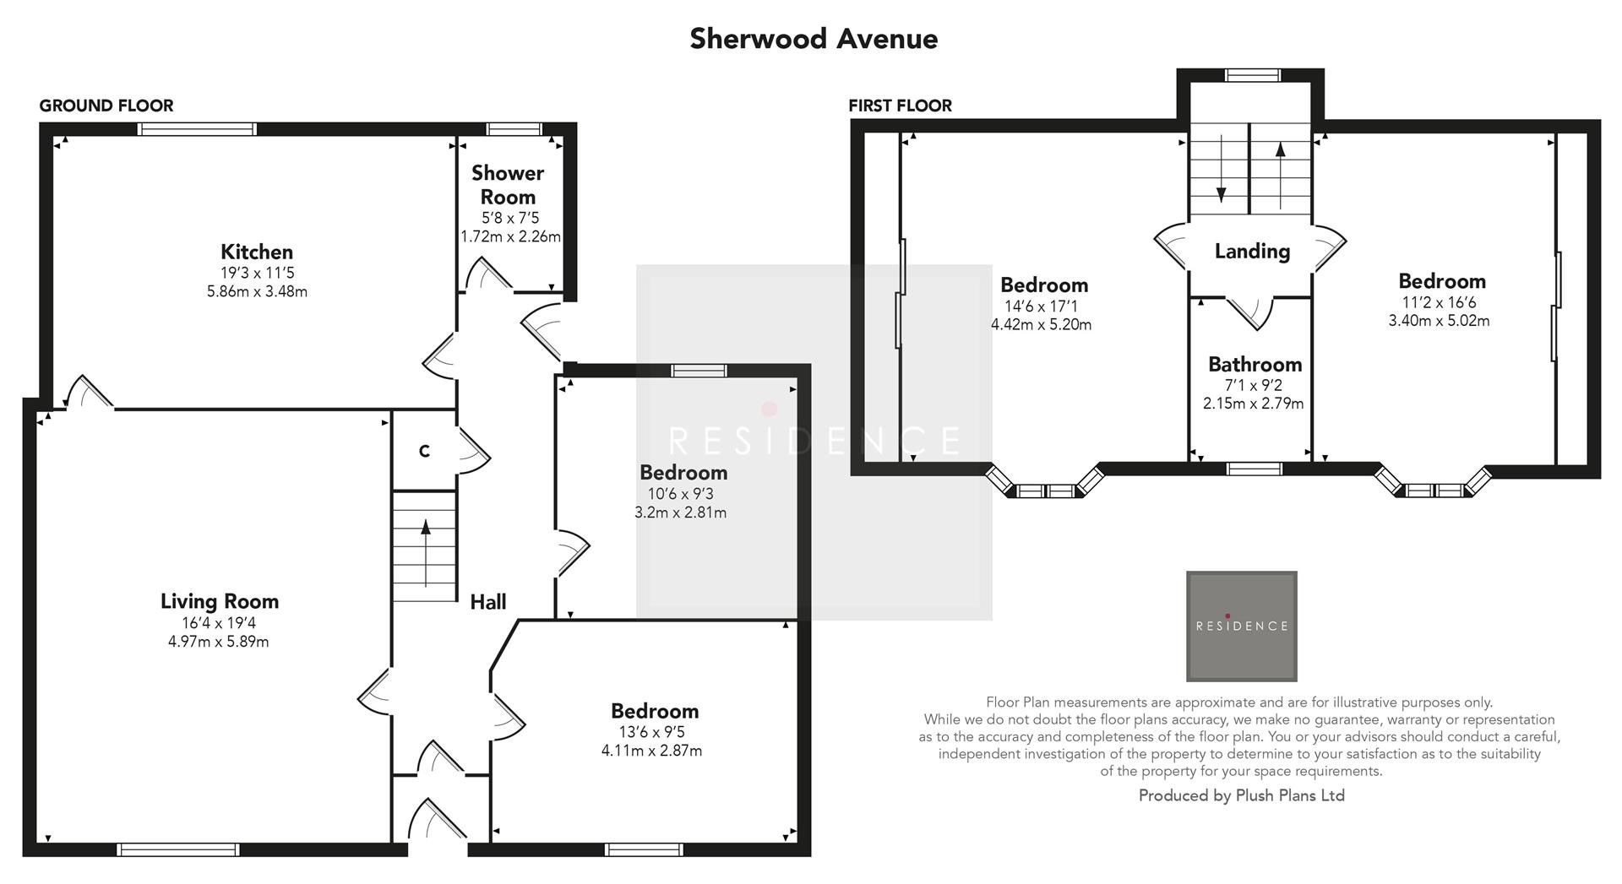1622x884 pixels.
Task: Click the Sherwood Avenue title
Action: coord(813,39)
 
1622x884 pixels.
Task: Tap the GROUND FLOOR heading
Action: coord(106,106)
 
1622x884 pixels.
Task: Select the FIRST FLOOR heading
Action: coord(900,106)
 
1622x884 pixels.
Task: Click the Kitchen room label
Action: coord(257,252)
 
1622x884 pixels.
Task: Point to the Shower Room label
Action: coord(508,184)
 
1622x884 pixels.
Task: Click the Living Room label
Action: coord(220,601)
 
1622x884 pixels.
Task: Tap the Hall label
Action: coord(487,602)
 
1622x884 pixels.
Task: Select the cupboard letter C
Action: coord(424,452)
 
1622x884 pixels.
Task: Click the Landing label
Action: coord(1252,251)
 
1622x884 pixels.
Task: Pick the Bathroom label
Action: coord(1255,365)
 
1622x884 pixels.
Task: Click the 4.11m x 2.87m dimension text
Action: coord(651,751)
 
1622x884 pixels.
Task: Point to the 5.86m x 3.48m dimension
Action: coord(257,291)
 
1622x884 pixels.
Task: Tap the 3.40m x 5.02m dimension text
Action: coord(1439,321)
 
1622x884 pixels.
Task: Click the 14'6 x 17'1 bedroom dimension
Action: coord(1041,306)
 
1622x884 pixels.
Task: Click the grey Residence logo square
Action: coord(1241,626)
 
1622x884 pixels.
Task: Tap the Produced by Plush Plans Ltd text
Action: coord(1241,795)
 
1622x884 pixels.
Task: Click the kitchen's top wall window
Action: coord(197,129)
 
